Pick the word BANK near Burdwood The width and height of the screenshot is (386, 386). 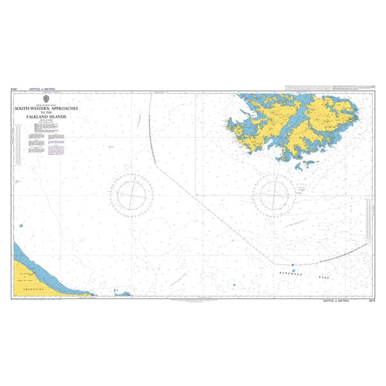coord(324,277)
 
